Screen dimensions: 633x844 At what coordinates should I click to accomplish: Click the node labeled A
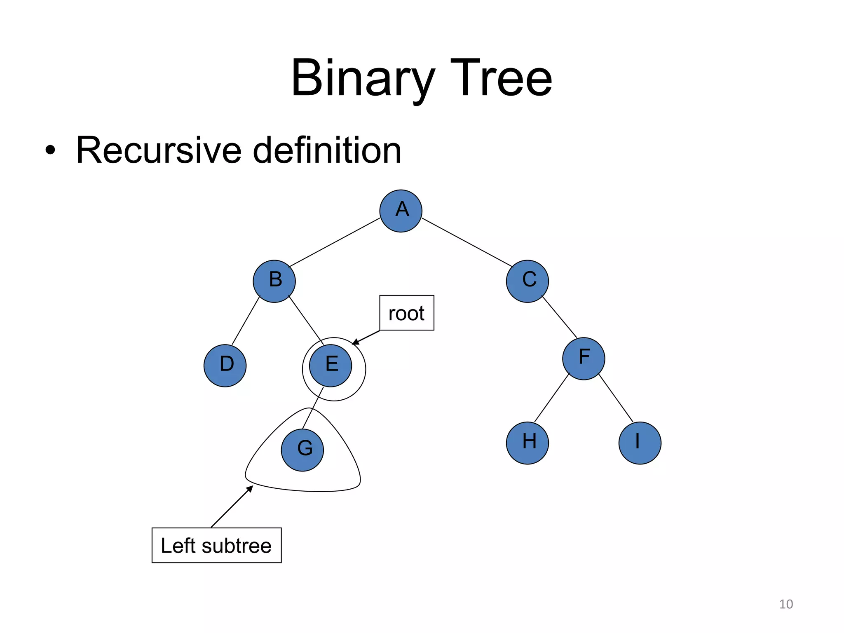[401, 211]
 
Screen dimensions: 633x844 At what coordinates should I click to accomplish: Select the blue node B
[274, 281]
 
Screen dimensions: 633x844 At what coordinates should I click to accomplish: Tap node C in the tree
[527, 281]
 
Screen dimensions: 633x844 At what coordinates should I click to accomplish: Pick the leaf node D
[225, 365]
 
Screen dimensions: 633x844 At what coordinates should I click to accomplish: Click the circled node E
[331, 365]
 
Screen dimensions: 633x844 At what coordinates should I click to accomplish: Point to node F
[584, 358]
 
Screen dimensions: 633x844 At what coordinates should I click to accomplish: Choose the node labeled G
[302, 450]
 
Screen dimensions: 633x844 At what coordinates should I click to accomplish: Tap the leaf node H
[527, 443]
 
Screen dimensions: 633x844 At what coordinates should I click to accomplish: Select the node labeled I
[640, 443]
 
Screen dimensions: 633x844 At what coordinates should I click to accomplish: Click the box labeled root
[406, 313]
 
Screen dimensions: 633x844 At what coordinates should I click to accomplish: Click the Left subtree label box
[216, 545]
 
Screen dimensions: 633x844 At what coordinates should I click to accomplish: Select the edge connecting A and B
[334, 242]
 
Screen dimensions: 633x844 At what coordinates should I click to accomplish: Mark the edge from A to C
[467, 242]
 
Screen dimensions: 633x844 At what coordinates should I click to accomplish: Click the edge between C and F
[559, 316]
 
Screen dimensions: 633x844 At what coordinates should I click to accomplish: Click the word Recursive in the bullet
[159, 150]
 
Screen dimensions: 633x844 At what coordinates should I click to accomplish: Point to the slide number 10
[786, 604]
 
